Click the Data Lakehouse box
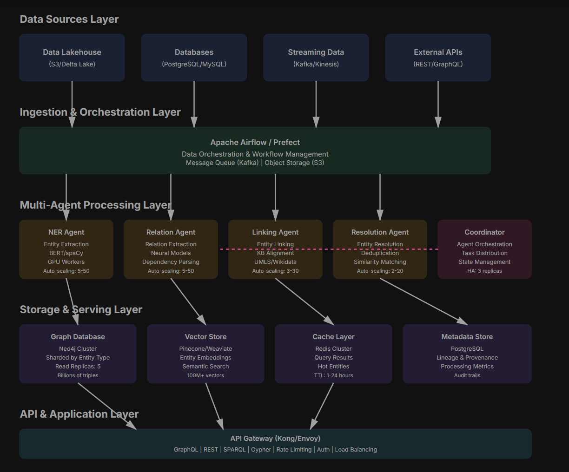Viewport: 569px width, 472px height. [72, 58]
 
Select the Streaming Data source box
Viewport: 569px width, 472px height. [316, 58]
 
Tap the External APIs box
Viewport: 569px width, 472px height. [438, 58]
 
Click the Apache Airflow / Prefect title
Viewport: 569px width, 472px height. [255, 142]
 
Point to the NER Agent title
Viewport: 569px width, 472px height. [66, 232]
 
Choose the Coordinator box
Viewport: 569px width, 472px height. [484, 249]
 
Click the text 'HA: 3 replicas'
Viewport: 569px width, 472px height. [484, 271]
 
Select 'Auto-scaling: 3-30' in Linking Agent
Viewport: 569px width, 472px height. [275, 271]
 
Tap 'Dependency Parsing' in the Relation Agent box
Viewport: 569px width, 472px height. [171, 262]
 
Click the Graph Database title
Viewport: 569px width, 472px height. [78, 337]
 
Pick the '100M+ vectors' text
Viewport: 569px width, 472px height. [205, 375]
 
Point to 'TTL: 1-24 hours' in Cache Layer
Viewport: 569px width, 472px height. [333, 375]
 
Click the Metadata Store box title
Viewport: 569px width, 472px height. [467, 337]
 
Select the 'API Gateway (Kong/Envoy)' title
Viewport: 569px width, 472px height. [275, 439]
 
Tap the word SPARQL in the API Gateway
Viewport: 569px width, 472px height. [234, 450]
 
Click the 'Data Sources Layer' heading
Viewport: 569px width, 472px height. [69, 19]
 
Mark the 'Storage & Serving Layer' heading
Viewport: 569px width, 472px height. [81, 309]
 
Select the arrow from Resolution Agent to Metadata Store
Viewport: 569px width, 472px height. [423, 301]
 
